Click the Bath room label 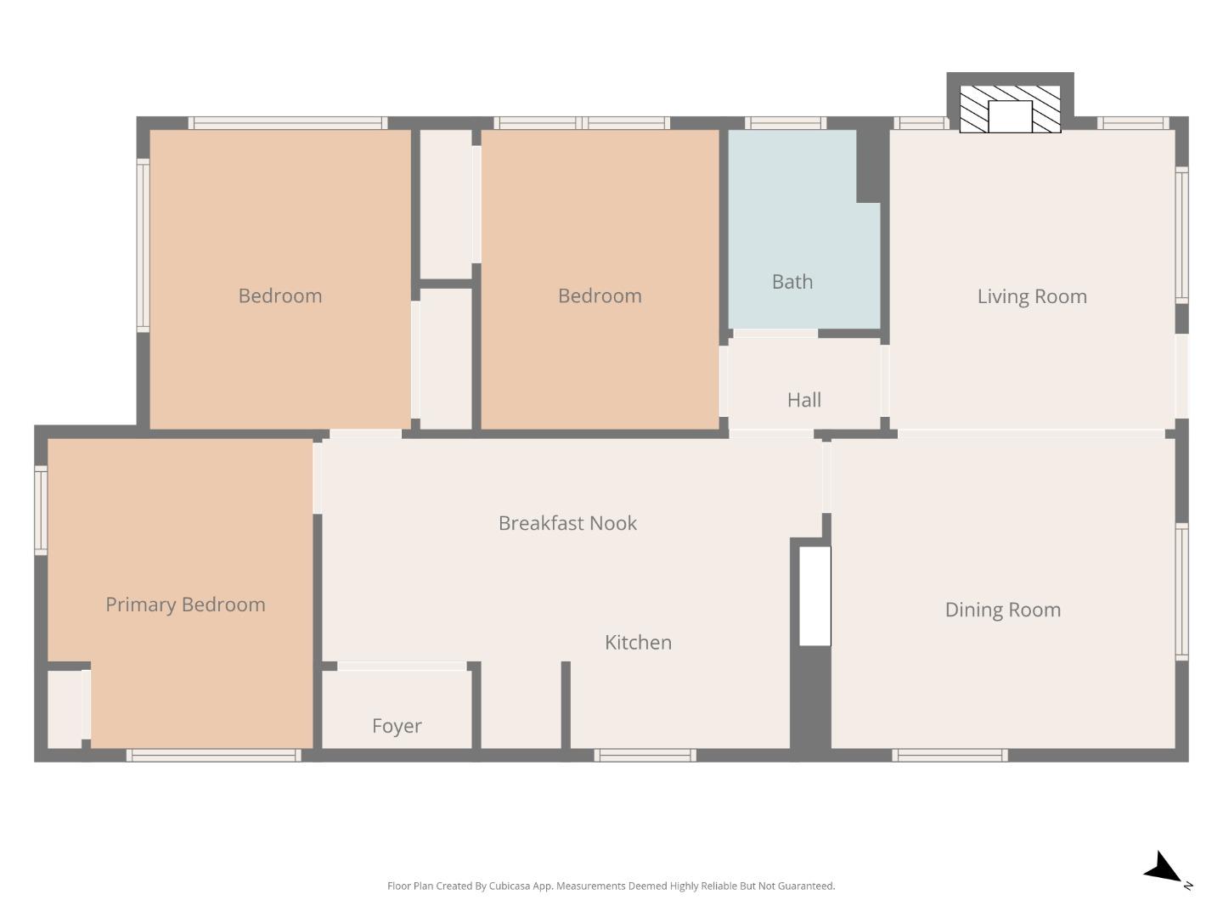point(792,282)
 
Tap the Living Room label point(1031,296)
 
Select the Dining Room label point(1002,610)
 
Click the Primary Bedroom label point(185,605)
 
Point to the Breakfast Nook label point(567,523)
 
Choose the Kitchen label point(638,643)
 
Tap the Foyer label point(397,726)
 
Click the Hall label point(803,400)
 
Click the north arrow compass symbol point(1164,869)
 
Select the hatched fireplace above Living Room point(1010,109)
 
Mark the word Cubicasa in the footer point(510,886)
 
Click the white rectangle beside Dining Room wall point(814,596)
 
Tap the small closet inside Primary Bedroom point(65,710)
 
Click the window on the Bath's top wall point(786,123)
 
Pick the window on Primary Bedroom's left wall point(41,510)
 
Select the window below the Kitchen point(645,755)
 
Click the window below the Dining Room point(950,755)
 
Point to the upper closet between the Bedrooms point(446,204)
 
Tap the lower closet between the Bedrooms point(446,359)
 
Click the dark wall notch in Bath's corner point(871,166)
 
